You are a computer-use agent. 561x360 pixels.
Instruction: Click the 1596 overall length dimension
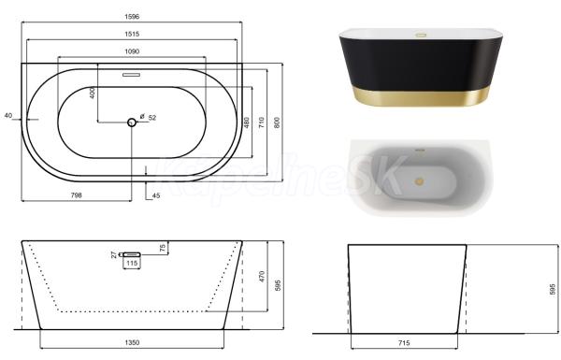click(132, 17)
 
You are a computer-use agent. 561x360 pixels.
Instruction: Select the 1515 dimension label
click(132, 34)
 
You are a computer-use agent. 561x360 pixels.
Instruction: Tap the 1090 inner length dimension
click(132, 51)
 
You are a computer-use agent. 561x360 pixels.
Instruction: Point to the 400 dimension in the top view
click(93, 93)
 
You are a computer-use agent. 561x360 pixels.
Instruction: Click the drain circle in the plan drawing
click(132, 122)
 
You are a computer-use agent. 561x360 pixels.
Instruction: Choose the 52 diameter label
click(152, 118)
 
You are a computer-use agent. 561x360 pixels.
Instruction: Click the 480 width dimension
click(247, 122)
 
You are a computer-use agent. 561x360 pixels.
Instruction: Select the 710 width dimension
click(262, 122)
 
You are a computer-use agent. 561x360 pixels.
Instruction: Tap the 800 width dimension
click(277, 122)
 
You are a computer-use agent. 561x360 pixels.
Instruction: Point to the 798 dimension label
click(77, 195)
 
